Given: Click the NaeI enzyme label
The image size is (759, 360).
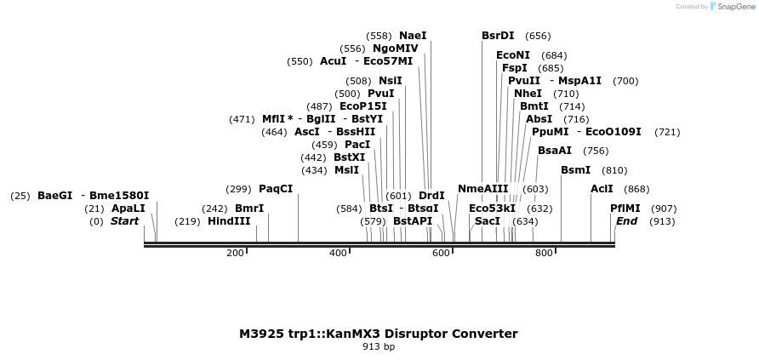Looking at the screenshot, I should (413, 36).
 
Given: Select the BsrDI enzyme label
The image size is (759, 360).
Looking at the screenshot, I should (498, 36).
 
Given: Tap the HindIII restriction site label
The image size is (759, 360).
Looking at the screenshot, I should (229, 221).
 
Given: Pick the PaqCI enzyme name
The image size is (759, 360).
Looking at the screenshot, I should (276, 189).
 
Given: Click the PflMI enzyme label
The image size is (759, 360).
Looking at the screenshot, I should (625, 209).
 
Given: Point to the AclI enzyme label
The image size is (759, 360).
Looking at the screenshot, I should (602, 189).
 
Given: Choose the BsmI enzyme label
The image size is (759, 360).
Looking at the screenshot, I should (575, 170).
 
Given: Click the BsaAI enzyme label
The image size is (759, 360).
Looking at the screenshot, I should (555, 151).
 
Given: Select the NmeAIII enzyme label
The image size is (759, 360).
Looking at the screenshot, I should (482, 189).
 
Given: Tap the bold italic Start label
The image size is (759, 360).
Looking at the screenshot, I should (124, 221).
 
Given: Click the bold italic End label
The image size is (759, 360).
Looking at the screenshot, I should (626, 221).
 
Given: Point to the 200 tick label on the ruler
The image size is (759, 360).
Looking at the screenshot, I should (235, 254).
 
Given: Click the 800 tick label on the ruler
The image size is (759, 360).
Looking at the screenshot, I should (543, 254).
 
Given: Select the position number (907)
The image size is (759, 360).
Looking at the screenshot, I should (664, 209).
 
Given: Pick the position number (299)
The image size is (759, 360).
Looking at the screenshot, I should (238, 189).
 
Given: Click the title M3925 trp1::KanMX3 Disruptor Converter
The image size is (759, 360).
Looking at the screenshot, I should (378, 334).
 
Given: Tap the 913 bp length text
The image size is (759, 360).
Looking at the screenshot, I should (379, 346).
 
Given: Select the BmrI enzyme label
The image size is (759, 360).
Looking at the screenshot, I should (249, 209).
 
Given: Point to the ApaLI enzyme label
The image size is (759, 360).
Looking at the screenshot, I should (128, 209).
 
